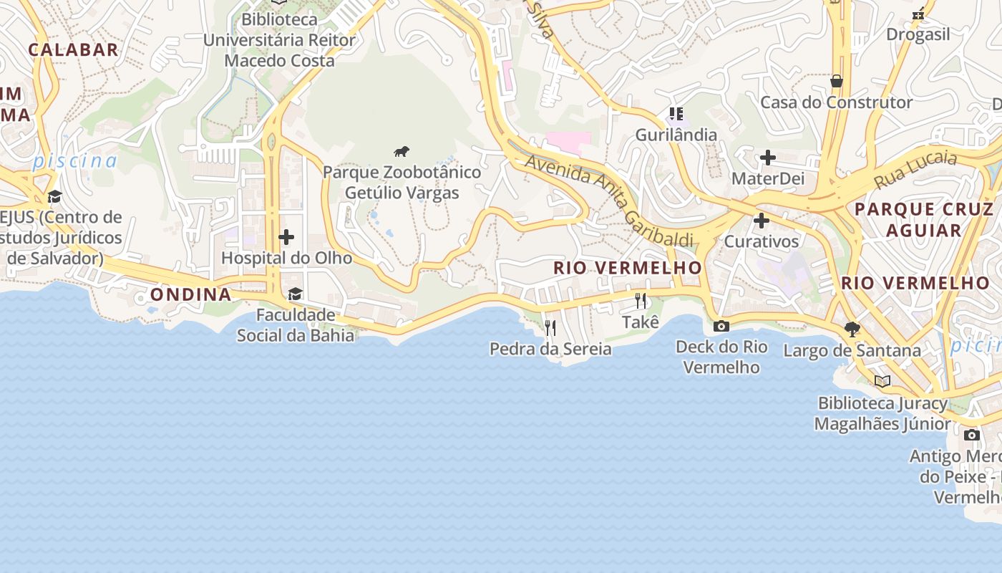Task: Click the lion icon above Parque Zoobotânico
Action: coord(402,151)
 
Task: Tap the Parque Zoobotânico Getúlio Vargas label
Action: coord(402,183)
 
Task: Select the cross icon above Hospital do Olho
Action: coord(286,237)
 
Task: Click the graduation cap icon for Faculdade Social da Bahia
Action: coord(295,294)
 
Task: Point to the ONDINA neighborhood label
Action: coord(190,294)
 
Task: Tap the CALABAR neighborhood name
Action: coord(73,49)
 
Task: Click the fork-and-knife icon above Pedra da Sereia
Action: coord(550,328)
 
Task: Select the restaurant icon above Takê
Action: coord(641,301)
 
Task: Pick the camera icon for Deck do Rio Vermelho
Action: coord(721,327)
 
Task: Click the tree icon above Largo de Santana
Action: coord(852,329)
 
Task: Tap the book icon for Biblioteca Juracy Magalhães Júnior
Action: coord(882,382)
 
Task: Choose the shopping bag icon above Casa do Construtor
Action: coord(836,82)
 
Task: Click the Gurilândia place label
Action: coord(676,135)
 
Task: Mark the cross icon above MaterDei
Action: coord(768,158)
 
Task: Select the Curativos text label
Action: coord(762,241)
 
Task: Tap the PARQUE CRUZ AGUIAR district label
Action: coord(924,220)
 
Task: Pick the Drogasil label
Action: coord(918,34)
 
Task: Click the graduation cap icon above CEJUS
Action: coord(54,197)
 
